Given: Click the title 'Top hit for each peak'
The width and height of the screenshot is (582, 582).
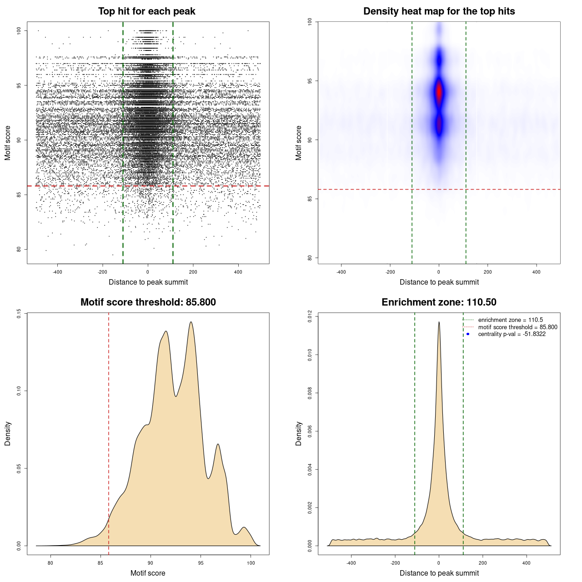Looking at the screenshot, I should pos(146,11).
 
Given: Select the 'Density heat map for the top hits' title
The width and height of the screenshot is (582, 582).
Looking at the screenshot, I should pos(439,11).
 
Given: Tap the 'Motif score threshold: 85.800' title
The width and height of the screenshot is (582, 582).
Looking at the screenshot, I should pos(148,302).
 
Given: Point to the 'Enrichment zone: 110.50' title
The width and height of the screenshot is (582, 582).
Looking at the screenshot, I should pos(439,302).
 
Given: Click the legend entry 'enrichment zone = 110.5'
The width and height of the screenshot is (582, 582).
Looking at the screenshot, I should pos(510,320).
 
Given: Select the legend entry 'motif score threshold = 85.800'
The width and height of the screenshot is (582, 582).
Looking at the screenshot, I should pos(517,327).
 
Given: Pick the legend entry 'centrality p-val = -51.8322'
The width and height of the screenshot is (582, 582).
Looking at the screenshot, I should pos(512,334).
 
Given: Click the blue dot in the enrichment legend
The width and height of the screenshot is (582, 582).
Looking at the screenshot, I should pos(468,334).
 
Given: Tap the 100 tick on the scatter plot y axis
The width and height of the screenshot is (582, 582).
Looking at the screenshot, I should pos(19,30).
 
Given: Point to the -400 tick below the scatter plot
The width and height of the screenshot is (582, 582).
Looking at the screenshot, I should pos(57,272).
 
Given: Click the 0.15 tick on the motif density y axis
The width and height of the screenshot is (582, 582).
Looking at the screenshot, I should pos(19,313).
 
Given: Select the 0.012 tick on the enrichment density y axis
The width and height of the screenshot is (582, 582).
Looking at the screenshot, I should pos(310,316).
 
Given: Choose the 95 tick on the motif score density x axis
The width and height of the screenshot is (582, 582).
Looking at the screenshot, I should pos(201,563).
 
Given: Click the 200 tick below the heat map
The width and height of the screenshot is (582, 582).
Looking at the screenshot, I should pos(488,272).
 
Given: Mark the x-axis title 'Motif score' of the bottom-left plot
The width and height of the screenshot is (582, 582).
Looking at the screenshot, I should pos(148,573).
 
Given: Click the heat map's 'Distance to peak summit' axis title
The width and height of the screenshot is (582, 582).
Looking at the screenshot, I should pos(439,282).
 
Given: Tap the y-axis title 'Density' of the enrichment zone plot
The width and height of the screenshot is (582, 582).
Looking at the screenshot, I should pos(299,433).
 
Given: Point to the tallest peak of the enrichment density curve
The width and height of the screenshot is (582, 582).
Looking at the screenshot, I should pos(439,322).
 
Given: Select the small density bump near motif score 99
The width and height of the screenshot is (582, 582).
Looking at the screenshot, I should pos(244,528).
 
